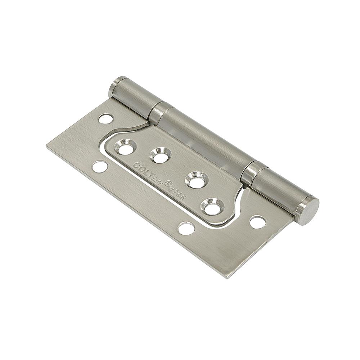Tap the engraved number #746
pyautogui.click(x=177, y=192)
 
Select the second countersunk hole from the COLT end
pyautogui.click(x=160, y=155)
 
